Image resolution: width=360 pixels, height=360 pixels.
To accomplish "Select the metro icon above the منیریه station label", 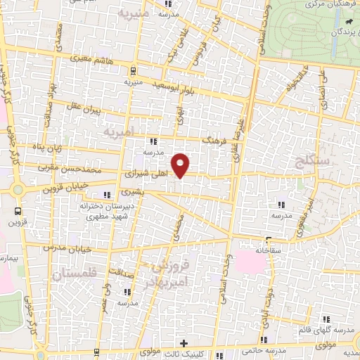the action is (133, 70).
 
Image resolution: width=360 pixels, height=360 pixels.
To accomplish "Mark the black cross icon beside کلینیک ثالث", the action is (184, 343).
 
